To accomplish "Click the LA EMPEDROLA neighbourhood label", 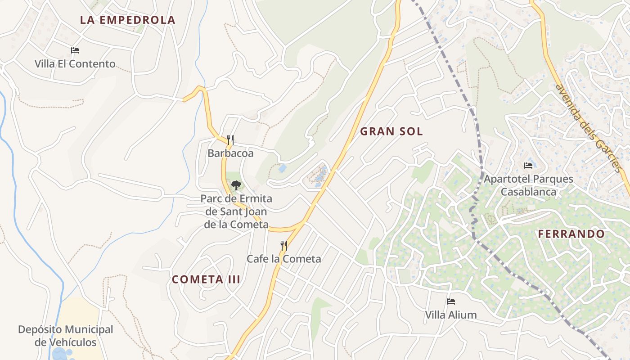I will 127,20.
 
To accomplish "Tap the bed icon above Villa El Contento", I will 75,50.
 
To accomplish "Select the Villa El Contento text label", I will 75,64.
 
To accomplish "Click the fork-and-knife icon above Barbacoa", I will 230,140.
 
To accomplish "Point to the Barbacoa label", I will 230,153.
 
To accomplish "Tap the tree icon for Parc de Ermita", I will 236,185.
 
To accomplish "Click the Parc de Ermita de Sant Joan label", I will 236,211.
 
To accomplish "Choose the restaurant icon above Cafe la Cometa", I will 284,245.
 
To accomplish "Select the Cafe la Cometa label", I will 284,259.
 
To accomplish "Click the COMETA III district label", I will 206,279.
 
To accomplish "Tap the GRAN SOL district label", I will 391,131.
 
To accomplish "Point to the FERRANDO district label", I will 571,234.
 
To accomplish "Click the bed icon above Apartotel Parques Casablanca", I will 528,166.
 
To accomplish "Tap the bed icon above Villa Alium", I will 451,301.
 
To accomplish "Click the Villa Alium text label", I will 451,315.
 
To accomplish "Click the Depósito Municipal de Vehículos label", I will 66,336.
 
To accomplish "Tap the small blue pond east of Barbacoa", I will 282,168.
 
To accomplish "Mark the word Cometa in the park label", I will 250,225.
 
